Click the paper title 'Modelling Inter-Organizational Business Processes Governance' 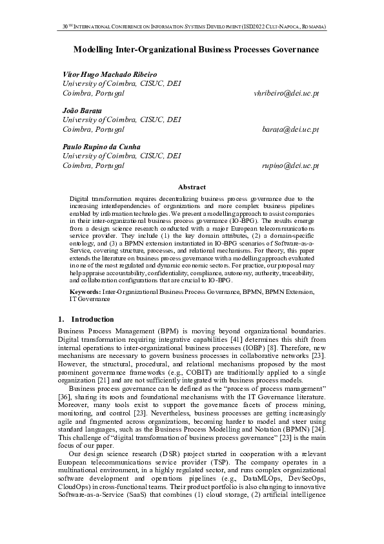[x=192, y=49]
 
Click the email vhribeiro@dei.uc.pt [x=287, y=94]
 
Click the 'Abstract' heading [x=192, y=187]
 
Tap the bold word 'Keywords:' [x=85, y=292]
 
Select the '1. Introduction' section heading [x=85, y=319]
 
